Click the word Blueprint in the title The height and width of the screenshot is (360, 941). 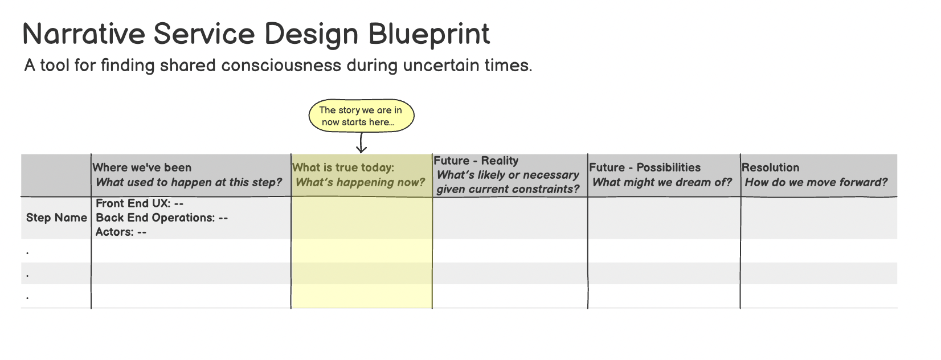(428, 34)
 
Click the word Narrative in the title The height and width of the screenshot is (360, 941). (84, 34)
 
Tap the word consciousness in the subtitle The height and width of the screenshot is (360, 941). (281, 66)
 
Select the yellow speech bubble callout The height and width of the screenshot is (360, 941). (361, 116)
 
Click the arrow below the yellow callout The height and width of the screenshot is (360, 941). (361, 143)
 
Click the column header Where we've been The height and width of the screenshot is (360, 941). (142, 167)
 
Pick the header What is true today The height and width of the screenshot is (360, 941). (343, 167)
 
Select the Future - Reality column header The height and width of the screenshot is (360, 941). (476, 161)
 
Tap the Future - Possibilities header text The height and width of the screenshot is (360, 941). (645, 167)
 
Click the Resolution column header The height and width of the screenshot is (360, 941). (770, 167)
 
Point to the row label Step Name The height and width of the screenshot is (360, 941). (56, 218)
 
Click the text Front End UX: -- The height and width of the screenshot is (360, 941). (140, 203)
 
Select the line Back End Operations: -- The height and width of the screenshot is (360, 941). (162, 218)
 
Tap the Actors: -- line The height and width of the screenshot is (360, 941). (121, 232)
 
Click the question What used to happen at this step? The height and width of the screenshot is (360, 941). (189, 182)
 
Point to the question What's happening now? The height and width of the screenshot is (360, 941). (360, 182)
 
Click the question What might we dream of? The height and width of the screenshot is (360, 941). (662, 182)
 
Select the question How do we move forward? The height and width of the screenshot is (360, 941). (816, 182)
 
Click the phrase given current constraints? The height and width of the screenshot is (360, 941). (508, 189)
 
